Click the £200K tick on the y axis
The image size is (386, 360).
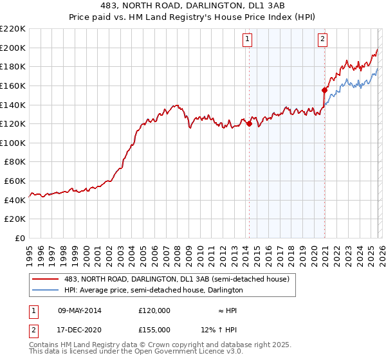[x=13, y=48]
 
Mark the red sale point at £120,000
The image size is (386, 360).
[x=249, y=124]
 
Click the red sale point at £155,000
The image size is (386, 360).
[x=324, y=91]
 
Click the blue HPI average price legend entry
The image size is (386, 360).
[x=153, y=290]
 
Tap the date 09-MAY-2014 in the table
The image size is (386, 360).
[x=79, y=310]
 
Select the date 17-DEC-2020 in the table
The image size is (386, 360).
[x=79, y=329]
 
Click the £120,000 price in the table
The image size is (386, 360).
[x=154, y=310]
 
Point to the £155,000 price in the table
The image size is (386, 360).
[x=154, y=329]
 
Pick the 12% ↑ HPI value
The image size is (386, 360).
[x=219, y=329]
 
